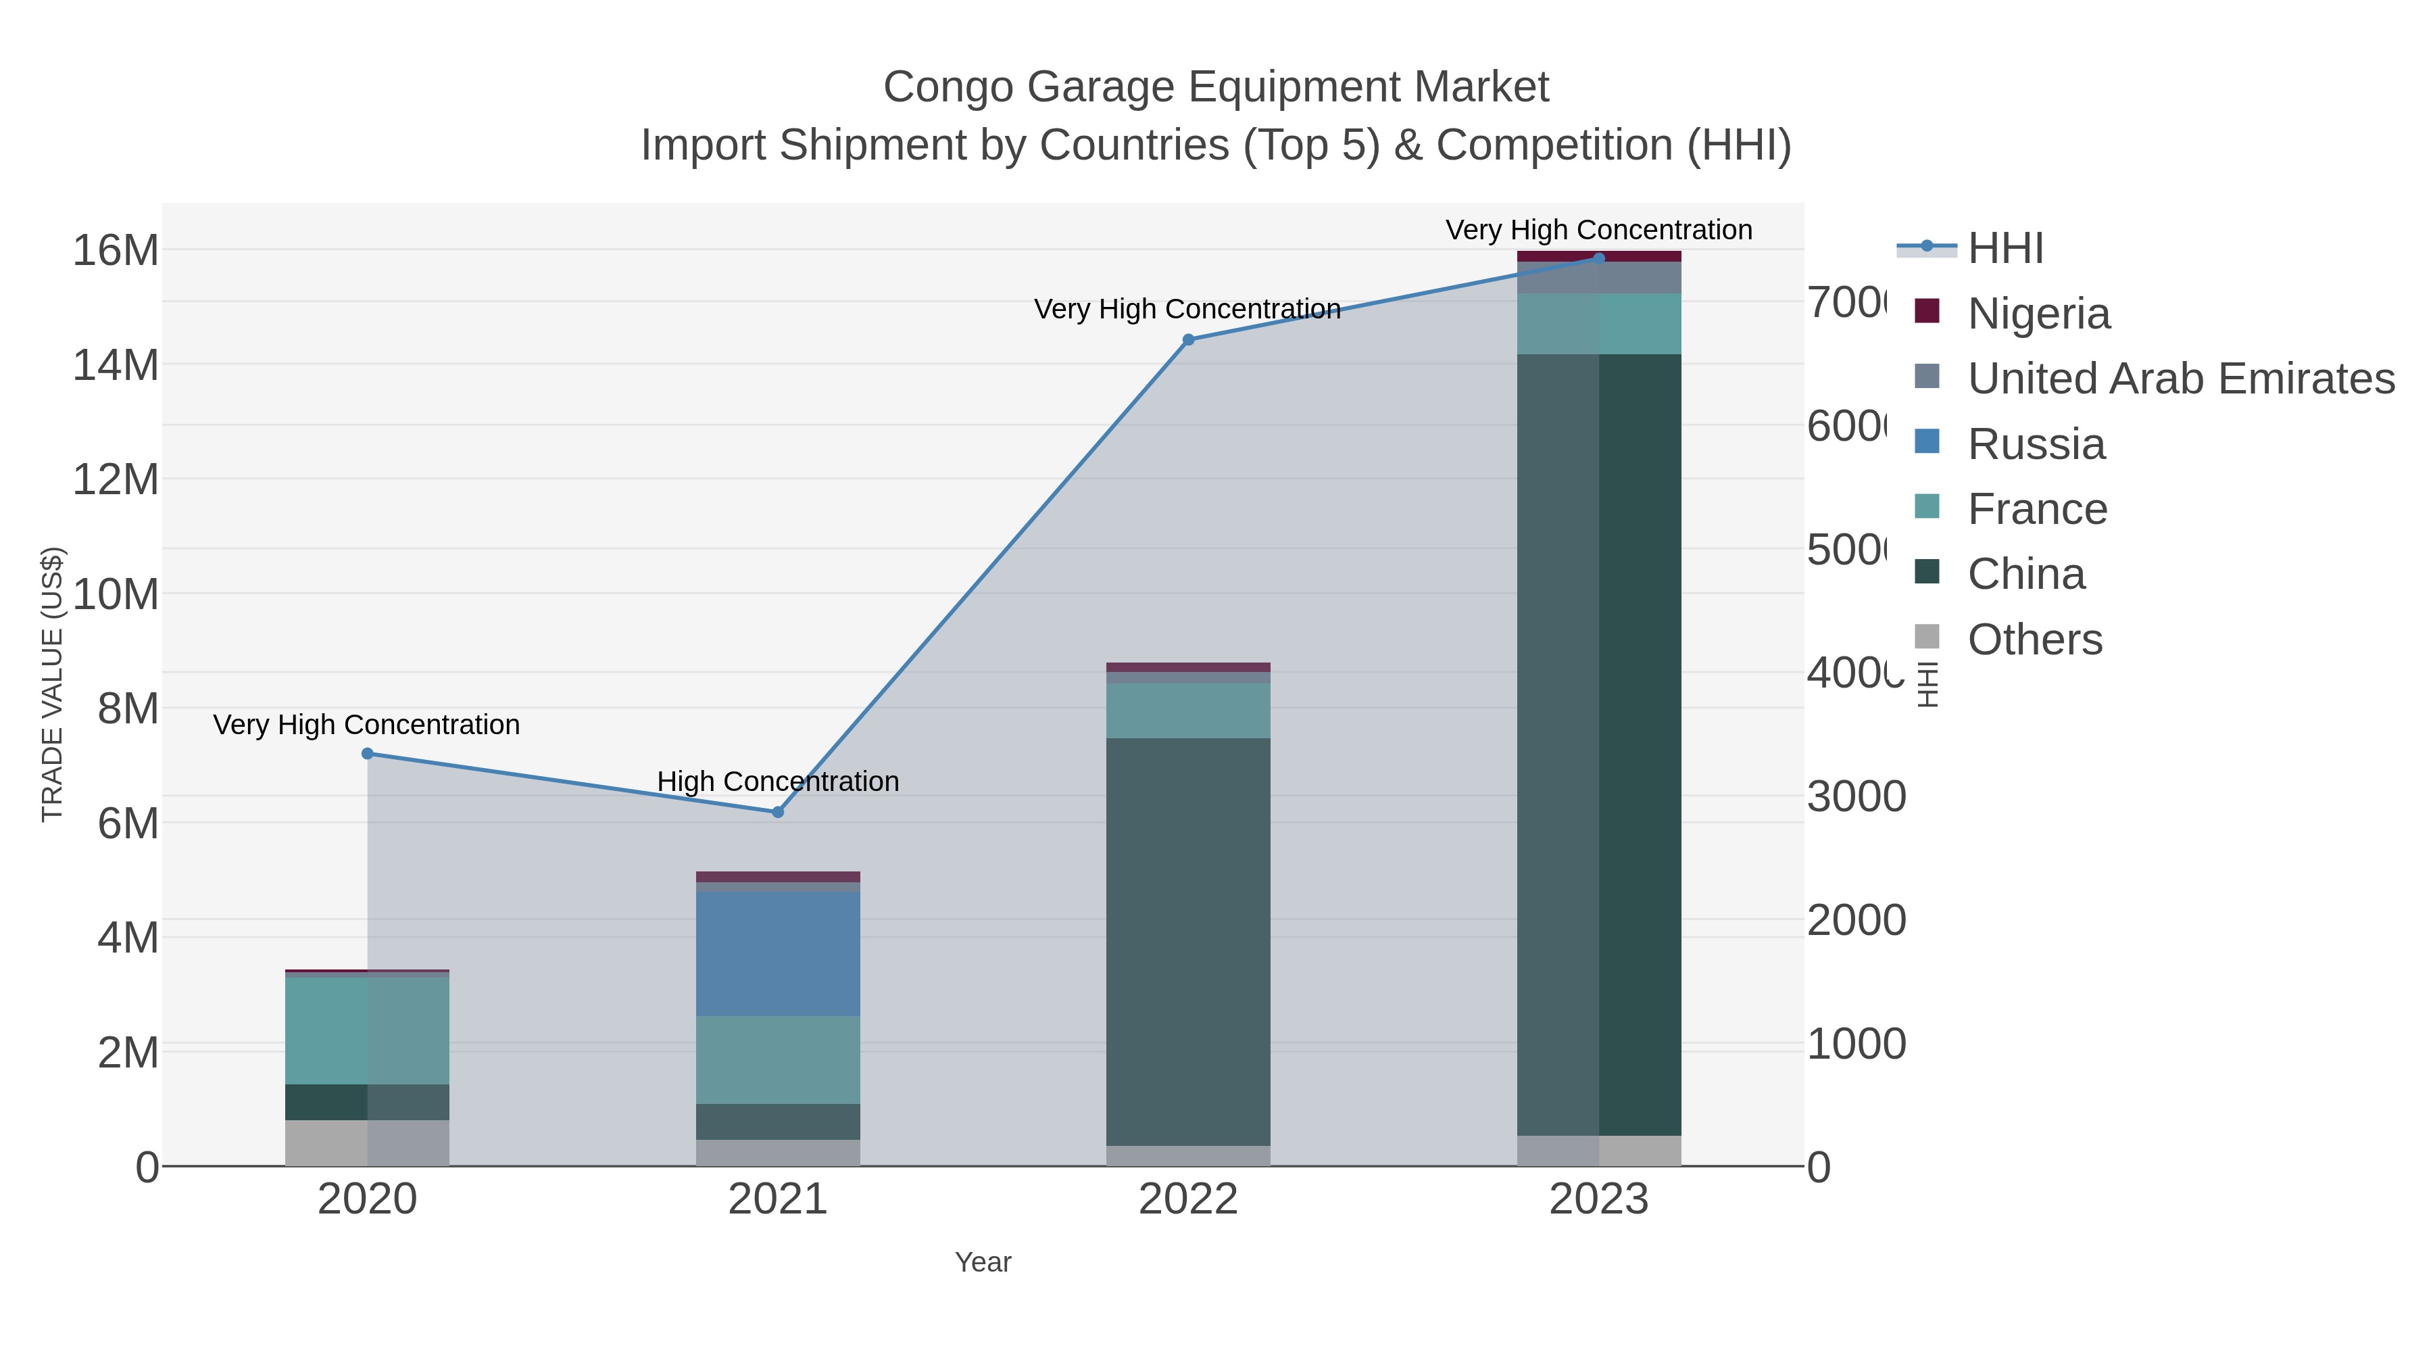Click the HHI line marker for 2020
(x=368, y=754)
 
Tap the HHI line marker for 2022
(x=1188, y=340)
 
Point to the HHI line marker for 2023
(x=1599, y=258)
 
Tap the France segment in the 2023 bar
(x=1599, y=324)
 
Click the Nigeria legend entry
(x=2038, y=314)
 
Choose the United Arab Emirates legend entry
(x=2180, y=379)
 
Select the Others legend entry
(x=2034, y=640)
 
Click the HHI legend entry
(x=2005, y=249)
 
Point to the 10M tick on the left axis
(x=115, y=594)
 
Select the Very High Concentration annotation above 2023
(x=1599, y=230)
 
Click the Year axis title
(x=982, y=1262)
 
